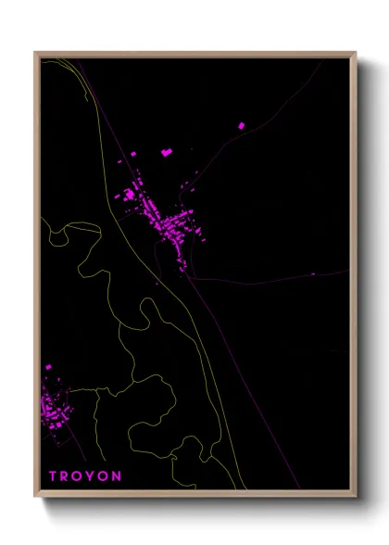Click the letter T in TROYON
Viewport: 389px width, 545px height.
[53, 476]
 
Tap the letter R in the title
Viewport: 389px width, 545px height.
[66, 476]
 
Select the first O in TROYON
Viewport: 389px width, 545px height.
[79, 476]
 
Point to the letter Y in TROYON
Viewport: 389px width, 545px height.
[92, 476]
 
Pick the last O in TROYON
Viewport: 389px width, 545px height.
[104, 476]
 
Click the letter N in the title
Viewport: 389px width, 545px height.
[117, 476]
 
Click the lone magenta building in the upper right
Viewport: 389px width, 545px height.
[242, 125]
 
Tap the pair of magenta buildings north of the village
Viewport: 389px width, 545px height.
[167, 151]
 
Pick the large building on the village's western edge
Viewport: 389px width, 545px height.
[129, 196]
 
